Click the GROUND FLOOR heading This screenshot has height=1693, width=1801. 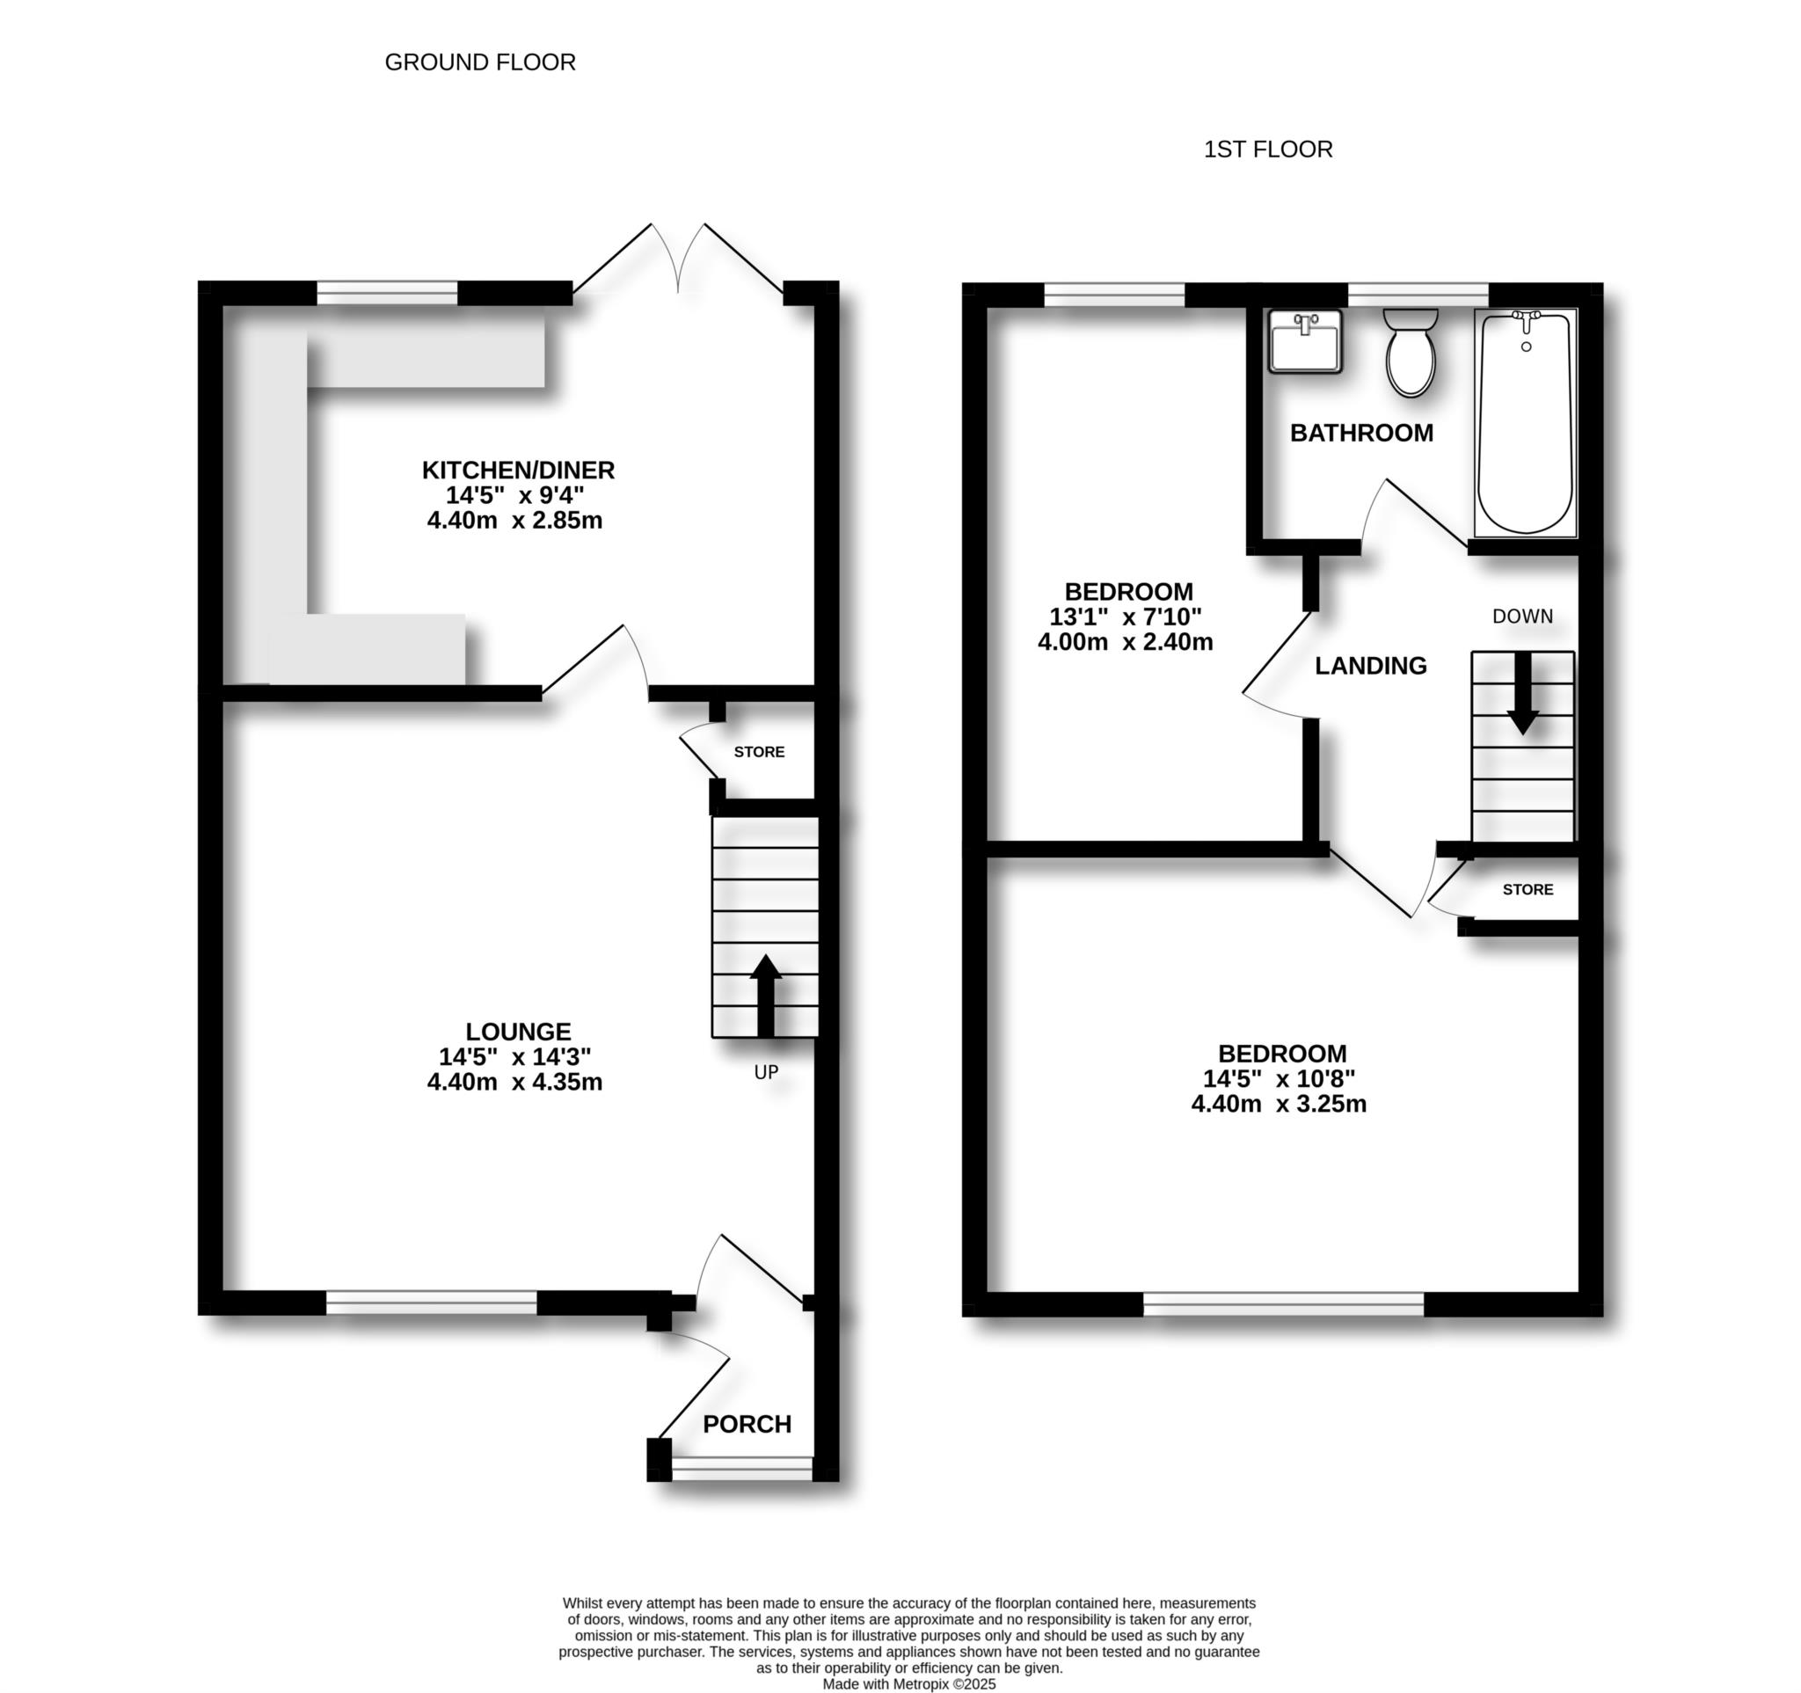click(480, 62)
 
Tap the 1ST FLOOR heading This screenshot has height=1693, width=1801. click(1267, 150)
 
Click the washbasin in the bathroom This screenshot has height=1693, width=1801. click(1304, 341)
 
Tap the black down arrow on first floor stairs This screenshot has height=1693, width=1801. click(1523, 692)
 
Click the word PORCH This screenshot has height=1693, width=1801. click(747, 1424)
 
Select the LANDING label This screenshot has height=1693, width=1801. click(1370, 666)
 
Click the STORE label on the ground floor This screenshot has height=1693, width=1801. click(759, 752)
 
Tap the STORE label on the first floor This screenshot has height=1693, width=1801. click(1528, 889)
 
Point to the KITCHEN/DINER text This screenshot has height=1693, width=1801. click(518, 471)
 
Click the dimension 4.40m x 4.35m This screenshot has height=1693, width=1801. click(514, 1082)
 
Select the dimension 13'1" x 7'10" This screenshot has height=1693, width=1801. click(1125, 617)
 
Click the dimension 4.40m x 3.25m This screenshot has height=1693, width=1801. click(1279, 1103)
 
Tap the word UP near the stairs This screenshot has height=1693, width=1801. click(766, 1072)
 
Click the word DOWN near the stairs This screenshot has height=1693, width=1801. click(1522, 616)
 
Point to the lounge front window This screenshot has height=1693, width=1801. click(431, 1303)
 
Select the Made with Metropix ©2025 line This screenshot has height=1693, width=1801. click(908, 1684)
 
